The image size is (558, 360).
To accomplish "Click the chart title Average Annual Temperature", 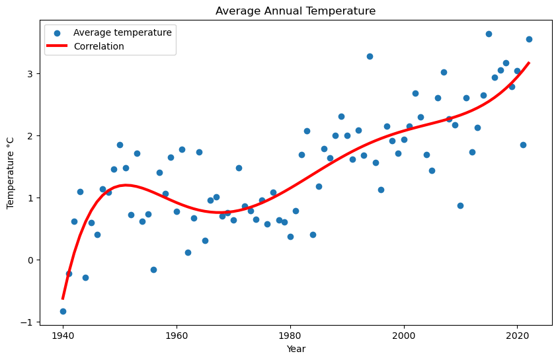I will coord(295,11).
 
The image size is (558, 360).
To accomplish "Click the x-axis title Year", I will coord(296,349).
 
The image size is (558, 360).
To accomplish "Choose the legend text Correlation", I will coord(99,46).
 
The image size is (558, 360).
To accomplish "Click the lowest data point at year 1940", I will coord(63,311).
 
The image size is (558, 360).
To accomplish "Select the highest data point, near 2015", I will coord(489,34).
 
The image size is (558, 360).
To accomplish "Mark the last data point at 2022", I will coord(529,39).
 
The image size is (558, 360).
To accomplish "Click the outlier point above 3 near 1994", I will coord(370,56).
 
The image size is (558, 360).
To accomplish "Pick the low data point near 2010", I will coord(460,205).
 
